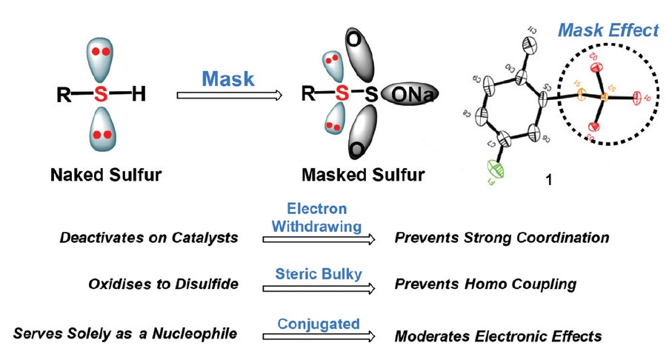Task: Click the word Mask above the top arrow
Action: pyautogui.click(x=227, y=78)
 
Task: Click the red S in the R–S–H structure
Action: pyautogui.click(x=101, y=94)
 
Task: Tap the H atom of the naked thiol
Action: pyautogui.click(x=139, y=94)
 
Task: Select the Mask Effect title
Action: pyautogui.click(x=608, y=31)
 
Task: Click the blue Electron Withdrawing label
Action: pyautogui.click(x=319, y=218)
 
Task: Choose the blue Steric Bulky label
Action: pyautogui.click(x=319, y=274)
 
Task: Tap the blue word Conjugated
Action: pyautogui.click(x=319, y=324)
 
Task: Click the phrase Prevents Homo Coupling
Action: pyautogui.click(x=485, y=284)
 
